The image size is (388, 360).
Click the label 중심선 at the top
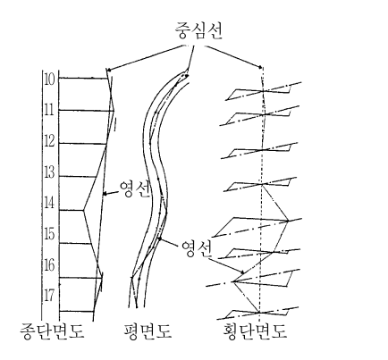click(198, 30)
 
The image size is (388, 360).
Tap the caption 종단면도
click(52, 331)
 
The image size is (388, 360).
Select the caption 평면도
click(148, 331)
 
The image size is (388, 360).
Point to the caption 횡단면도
click(255, 331)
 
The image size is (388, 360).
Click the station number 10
click(49, 79)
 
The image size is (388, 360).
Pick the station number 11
click(49, 110)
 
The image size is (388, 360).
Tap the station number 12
click(49, 141)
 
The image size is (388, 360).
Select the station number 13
click(49, 172)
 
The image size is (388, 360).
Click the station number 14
click(49, 204)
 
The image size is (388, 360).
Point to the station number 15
click(49, 234)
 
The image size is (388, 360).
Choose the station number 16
click(49, 265)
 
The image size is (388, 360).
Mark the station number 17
click(49, 296)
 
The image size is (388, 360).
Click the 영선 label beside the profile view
click(134, 188)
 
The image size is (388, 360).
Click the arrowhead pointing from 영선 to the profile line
click(105, 194)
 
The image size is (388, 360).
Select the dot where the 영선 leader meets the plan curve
click(160, 239)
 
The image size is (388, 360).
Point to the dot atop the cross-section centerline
click(260, 67)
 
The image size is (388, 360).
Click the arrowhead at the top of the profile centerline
click(108, 71)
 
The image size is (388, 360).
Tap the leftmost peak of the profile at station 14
click(83, 210)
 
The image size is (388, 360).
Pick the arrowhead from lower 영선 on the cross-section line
click(242, 272)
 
